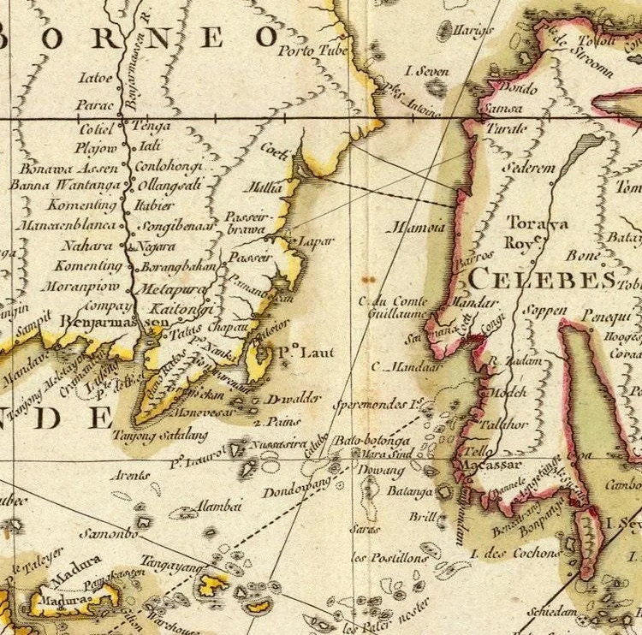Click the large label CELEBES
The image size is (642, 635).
[541, 279]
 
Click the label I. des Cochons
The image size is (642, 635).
[511, 553]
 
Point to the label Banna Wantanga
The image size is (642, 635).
[63, 184]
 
